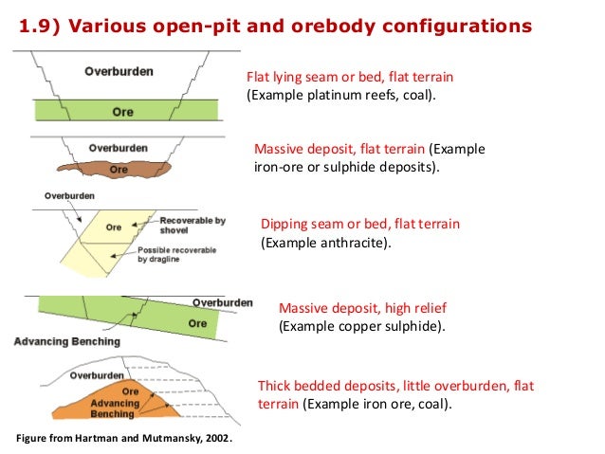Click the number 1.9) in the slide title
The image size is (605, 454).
click(41, 26)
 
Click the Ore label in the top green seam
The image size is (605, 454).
click(122, 112)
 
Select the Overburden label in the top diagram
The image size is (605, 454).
click(119, 71)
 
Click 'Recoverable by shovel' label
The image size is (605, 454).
click(192, 225)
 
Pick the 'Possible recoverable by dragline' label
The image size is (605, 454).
click(176, 254)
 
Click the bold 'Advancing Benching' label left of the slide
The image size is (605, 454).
click(67, 341)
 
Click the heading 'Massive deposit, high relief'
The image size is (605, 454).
click(361, 308)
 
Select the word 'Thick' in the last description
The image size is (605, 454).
click(275, 386)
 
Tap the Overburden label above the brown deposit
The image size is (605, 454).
click(118, 148)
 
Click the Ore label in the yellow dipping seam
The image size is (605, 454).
click(113, 227)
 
